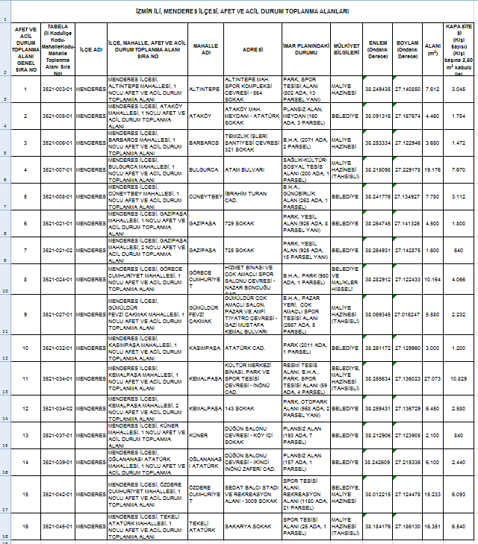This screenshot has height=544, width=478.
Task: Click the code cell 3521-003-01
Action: pos(58,89)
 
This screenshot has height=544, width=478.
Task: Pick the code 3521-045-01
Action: pos(58,527)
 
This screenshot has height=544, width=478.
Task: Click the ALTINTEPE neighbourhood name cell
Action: pos(204,89)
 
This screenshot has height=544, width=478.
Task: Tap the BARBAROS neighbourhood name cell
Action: pos(204,143)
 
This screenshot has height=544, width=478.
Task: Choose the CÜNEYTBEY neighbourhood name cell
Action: pos(204,197)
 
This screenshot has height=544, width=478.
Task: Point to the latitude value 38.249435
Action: pos(378,89)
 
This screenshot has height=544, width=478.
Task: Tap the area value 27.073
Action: pos(433,378)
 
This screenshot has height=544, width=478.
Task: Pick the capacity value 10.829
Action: pos(458,378)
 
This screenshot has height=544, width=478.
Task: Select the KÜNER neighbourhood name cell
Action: pos(204,435)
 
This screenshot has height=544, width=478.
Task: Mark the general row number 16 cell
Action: pos(25,527)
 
